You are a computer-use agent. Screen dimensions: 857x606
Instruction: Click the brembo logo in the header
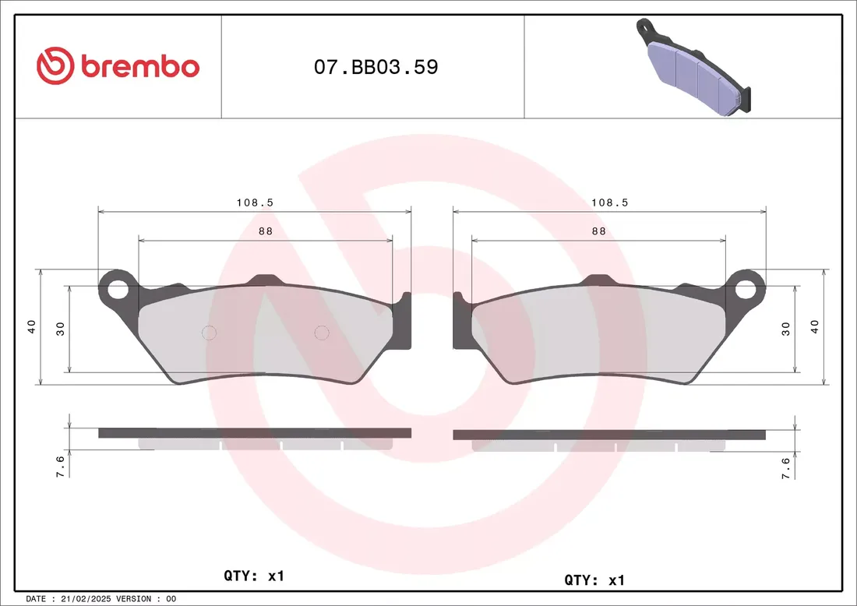point(118,65)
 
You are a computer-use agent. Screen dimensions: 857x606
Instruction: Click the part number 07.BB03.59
point(376,67)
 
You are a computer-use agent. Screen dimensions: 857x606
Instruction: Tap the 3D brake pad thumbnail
point(693,67)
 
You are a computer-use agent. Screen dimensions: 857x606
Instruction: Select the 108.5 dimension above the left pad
point(255,203)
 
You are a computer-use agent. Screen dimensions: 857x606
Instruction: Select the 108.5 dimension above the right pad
point(610,203)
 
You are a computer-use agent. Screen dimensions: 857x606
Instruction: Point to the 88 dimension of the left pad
point(266,231)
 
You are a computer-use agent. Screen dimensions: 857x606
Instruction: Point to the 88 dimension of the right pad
point(599,231)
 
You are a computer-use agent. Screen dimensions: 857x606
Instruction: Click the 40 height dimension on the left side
point(32,327)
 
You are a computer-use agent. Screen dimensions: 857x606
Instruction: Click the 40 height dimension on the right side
point(815,327)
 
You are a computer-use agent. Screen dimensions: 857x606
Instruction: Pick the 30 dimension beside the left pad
point(61,329)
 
